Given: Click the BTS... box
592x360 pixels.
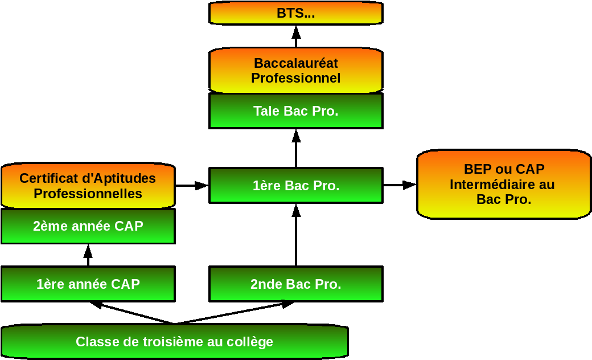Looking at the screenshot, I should (296, 13).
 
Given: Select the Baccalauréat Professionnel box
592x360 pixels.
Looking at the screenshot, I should (296, 71).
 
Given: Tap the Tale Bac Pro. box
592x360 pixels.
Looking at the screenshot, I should (296, 111).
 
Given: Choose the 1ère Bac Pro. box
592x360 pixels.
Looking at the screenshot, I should (296, 185).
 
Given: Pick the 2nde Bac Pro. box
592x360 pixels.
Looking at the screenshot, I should (296, 284).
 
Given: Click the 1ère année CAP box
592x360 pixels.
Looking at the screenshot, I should (88, 284).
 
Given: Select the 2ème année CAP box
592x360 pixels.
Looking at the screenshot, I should (88, 226).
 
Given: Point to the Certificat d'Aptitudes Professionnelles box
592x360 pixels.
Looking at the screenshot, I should (88, 186).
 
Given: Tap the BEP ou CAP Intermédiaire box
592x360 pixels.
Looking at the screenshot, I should (504, 185).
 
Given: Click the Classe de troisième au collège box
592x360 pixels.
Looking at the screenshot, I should (174, 342).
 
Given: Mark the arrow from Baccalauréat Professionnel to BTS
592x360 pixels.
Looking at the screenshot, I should (296, 36).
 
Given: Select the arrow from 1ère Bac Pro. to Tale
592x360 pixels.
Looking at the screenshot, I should (296, 148).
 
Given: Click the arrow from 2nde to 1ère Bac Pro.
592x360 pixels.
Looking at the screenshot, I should (296, 235).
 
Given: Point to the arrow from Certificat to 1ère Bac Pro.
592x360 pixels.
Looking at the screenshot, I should (192, 185).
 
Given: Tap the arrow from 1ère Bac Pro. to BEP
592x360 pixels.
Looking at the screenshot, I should (400, 185).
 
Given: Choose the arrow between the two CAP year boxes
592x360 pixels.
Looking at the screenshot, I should (88, 255).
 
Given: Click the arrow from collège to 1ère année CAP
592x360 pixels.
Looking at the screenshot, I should (131, 313).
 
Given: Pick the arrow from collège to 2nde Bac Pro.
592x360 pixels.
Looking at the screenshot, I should (233, 313).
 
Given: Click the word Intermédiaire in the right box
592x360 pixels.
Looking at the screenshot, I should (501, 185).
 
